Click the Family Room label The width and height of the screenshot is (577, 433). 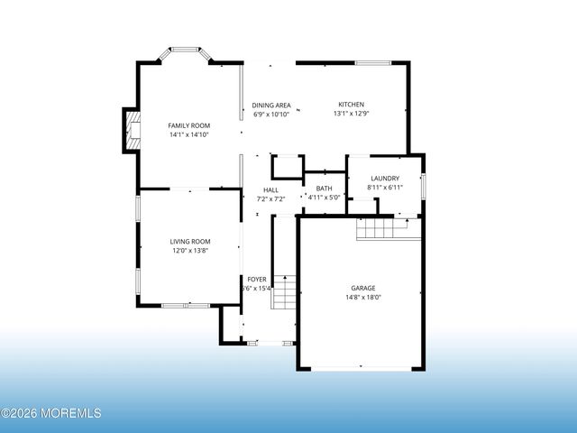(x=188, y=125)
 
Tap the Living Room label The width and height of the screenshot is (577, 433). (x=190, y=241)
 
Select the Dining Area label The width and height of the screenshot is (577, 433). (x=270, y=105)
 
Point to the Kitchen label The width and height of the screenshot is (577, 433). (x=351, y=105)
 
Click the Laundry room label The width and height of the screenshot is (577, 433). (x=384, y=179)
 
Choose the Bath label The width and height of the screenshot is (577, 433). (x=324, y=188)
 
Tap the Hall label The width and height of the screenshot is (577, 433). (x=270, y=189)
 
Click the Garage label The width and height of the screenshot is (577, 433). (x=363, y=288)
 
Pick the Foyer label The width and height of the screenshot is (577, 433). (x=257, y=280)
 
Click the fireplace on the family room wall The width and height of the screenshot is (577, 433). (x=132, y=131)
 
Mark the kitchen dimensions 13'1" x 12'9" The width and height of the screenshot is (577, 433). (x=351, y=114)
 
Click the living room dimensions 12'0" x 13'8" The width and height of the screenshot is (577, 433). (x=190, y=250)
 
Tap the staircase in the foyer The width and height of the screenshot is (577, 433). (x=284, y=292)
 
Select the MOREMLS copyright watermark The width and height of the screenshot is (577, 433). (x=51, y=413)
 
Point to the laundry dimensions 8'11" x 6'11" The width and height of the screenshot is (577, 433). (x=384, y=188)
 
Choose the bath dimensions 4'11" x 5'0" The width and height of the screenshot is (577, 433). (x=324, y=197)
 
